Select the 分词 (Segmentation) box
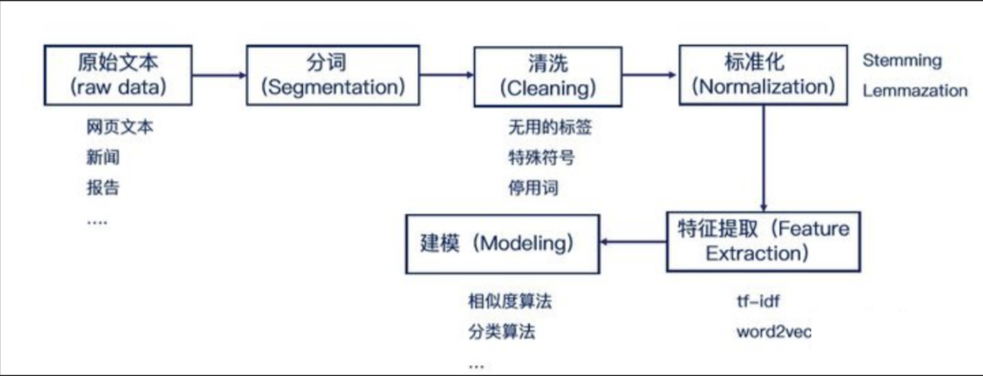(333, 75)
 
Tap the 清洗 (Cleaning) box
(547, 77)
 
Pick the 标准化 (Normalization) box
(763, 75)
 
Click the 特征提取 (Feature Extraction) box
(763, 241)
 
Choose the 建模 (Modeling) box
(503, 244)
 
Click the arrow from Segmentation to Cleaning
(446, 75)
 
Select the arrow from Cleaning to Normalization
(650, 75)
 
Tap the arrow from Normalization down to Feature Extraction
(763, 159)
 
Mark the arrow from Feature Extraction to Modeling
(634, 241)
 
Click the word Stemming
(902, 61)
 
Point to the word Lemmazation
(915, 91)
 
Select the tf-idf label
(758, 301)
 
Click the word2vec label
(773, 332)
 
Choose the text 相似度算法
(509, 301)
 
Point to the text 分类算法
(501, 332)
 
